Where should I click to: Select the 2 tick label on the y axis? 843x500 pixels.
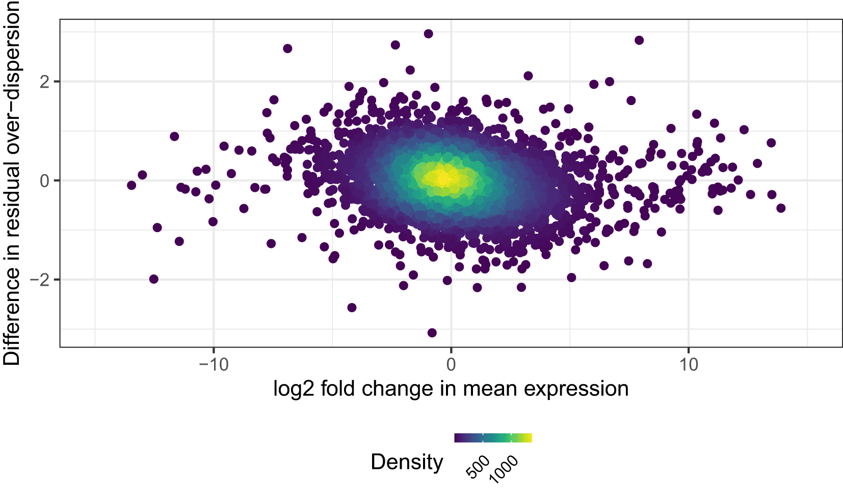click(45, 82)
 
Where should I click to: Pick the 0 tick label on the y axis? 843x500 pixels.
click(45, 181)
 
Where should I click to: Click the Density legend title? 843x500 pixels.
click(407, 462)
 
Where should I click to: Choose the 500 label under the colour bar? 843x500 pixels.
click(478, 467)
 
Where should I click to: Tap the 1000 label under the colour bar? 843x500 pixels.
click(504, 469)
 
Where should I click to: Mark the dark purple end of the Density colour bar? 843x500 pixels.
click(457, 438)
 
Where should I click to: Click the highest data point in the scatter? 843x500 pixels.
click(429, 34)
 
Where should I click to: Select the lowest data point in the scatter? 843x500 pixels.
click(432, 333)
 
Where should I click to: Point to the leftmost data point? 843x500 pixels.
click(131, 185)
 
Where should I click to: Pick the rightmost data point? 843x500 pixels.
click(781, 208)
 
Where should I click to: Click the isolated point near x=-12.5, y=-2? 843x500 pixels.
click(154, 279)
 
